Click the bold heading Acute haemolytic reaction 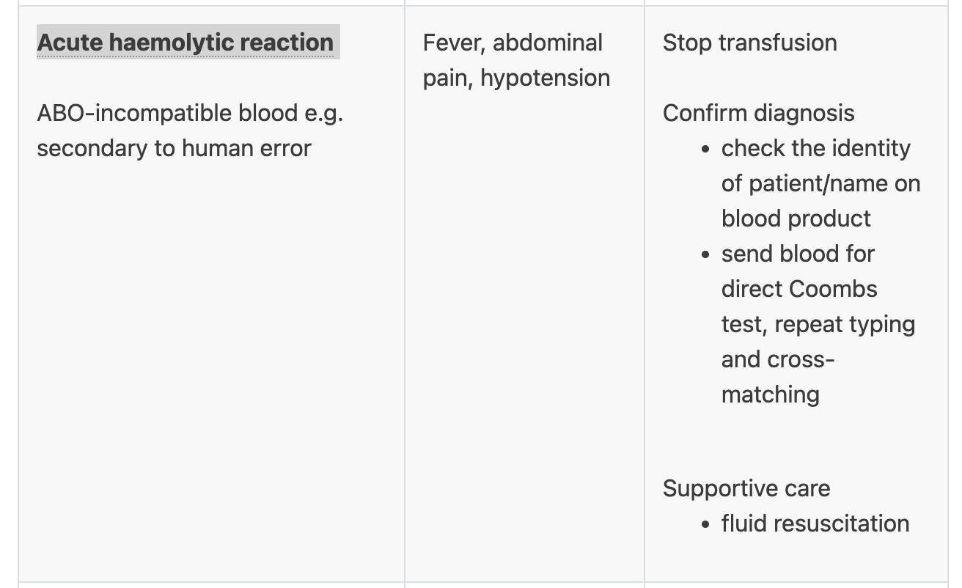pyautogui.click(x=186, y=43)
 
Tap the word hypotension pyautogui.click(x=545, y=78)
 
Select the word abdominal pyautogui.click(x=548, y=43)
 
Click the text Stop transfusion pyautogui.click(x=749, y=43)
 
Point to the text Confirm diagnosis pyautogui.click(x=758, y=113)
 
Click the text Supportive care pyautogui.click(x=746, y=488)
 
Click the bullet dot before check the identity pyautogui.click(x=705, y=149)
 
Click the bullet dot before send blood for pyautogui.click(x=705, y=254)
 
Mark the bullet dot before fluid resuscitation pyautogui.click(x=705, y=524)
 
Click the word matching pyautogui.click(x=770, y=394)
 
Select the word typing pyautogui.click(x=881, y=324)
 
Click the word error pyautogui.click(x=286, y=148)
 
